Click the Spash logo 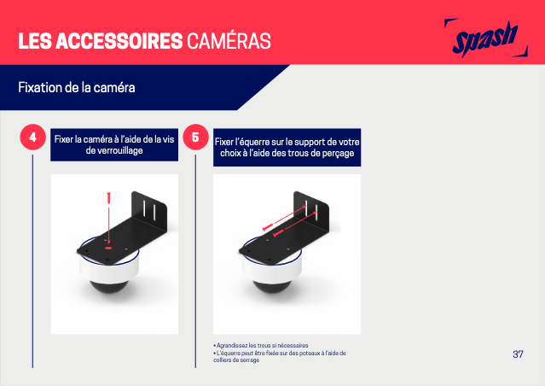coord(485,38)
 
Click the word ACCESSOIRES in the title coord(119,41)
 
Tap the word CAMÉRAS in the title coord(229,40)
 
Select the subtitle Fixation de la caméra coord(77,87)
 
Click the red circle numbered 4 coord(32,137)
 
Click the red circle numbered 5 coord(195,137)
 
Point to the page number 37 coord(518,354)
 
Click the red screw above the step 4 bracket coord(109,197)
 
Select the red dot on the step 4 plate coord(108,249)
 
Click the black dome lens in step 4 coord(108,286)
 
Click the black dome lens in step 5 coord(271,286)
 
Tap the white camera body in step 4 coord(109,269)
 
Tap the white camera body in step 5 coord(271,269)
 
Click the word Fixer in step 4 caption coord(63,139)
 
